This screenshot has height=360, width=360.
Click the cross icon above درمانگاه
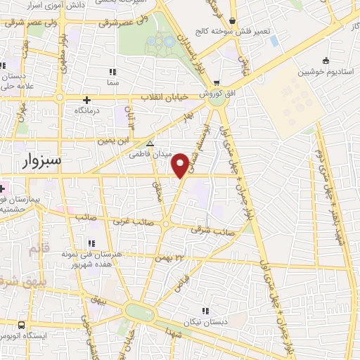[86, 100]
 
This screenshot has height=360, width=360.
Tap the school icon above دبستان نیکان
[205, 311]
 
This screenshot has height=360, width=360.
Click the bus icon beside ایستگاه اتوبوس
[21, 326]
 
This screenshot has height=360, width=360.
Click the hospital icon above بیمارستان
[2, 188]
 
